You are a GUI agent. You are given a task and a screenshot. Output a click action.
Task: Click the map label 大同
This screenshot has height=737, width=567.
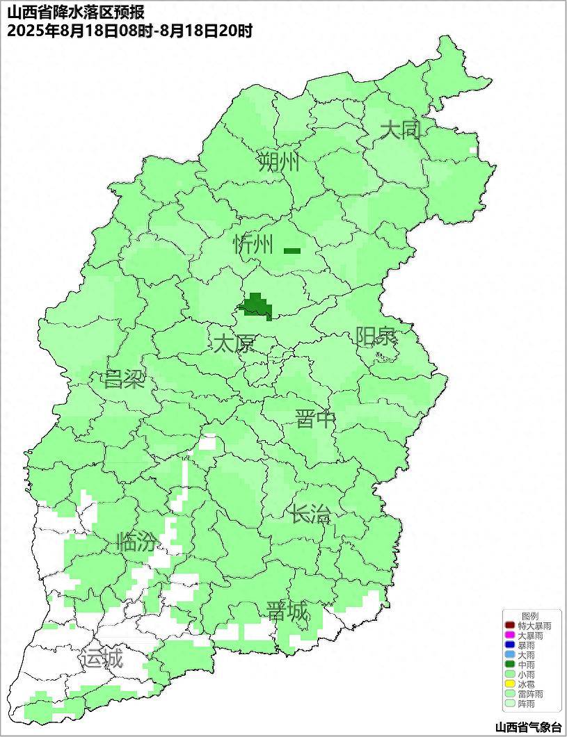pyautogui.click(x=401, y=130)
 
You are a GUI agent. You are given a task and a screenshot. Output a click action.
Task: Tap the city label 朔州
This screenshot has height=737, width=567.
pyautogui.click(x=278, y=162)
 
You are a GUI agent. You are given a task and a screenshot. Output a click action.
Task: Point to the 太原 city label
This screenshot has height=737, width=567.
pyautogui.click(x=234, y=343)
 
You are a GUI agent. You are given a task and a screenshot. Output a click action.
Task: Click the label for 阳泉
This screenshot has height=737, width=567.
pyautogui.click(x=376, y=337)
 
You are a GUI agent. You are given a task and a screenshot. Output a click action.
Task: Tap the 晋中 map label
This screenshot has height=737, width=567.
pyautogui.click(x=315, y=419)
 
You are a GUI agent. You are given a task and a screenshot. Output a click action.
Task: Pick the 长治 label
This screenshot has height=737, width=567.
pyautogui.click(x=310, y=515)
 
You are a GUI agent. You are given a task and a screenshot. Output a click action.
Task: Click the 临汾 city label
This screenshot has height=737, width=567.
pyautogui.click(x=136, y=542)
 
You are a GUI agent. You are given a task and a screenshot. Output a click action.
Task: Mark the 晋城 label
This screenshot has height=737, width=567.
pyautogui.click(x=287, y=612)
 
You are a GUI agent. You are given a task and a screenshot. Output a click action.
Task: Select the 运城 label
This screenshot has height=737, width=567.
pyautogui.click(x=102, y=658)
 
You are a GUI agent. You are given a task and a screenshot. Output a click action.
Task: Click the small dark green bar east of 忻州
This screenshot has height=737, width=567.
pyautogui.click(x=292, y=251)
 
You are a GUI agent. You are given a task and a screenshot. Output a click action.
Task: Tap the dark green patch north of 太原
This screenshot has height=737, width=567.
pyautogui.click(x=256, y=306)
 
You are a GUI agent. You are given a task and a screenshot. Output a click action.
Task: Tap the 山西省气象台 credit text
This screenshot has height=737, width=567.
pyautogui.click(x=528, y=727)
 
